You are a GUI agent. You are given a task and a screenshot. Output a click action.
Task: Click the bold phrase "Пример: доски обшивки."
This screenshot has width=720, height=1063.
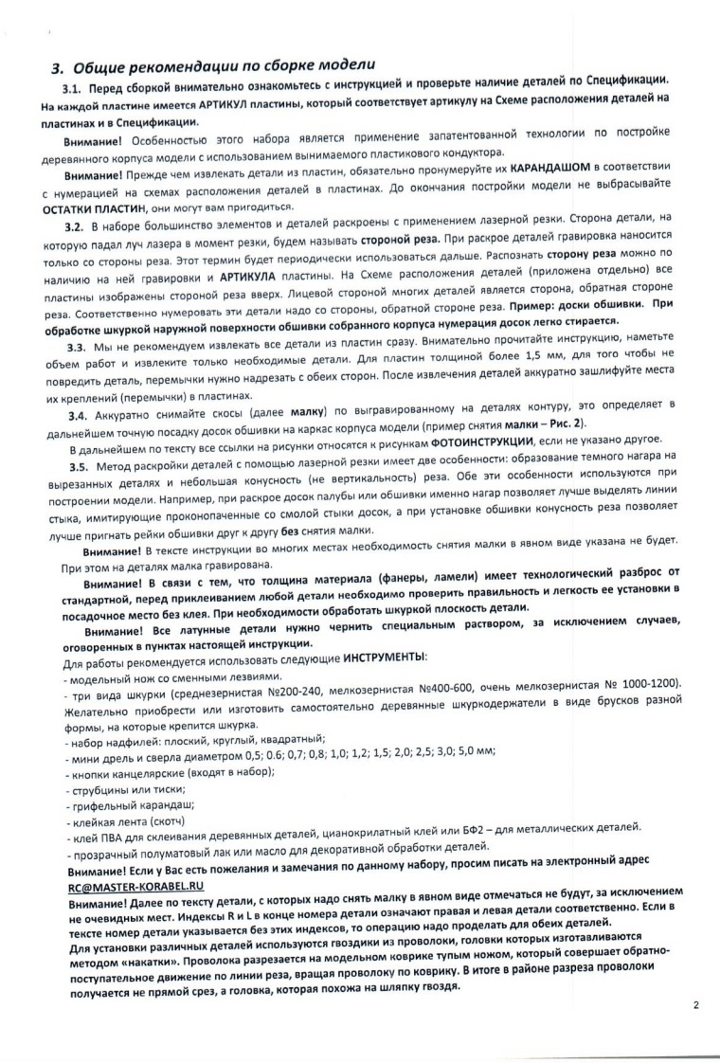pos(567,305)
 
